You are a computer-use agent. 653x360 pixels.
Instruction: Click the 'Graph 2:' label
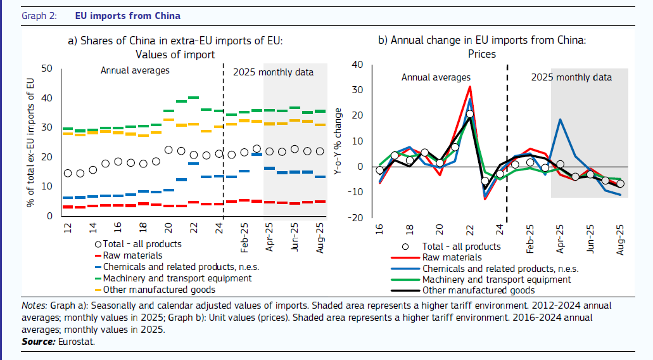[39, 16]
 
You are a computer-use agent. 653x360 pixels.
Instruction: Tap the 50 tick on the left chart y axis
[47, 68]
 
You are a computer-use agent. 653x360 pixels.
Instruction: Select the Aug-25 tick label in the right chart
[620, 239]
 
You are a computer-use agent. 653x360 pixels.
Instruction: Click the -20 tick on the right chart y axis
[356, 218]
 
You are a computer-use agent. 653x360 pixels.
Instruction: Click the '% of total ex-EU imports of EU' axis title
[30, 142]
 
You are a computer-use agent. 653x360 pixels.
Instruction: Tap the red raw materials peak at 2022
[469, 87]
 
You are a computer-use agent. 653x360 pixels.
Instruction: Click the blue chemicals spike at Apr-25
[560, 119]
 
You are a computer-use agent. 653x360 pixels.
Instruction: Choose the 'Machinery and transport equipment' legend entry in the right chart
[496, 280]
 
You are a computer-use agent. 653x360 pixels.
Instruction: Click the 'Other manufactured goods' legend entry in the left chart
[158, 290]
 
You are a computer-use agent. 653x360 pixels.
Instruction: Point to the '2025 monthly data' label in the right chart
[571, 77]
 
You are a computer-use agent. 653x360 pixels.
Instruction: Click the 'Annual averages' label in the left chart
[135, 70]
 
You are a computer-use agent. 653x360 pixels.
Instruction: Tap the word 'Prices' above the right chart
[481, 55]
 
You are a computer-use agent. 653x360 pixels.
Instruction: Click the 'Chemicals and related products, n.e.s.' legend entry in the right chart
[504, 269]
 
